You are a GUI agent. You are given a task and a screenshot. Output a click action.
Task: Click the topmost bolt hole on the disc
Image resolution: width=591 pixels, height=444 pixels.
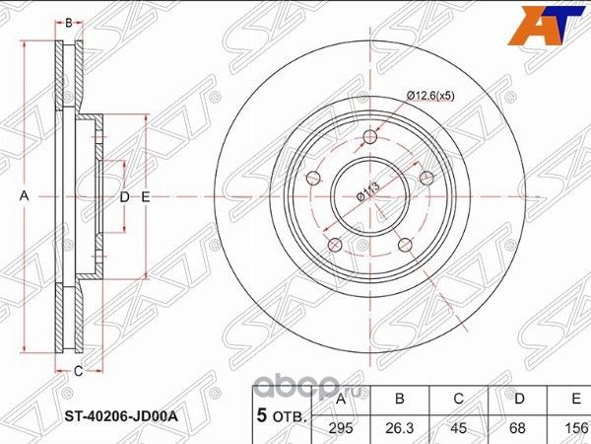click(x=369, y=137)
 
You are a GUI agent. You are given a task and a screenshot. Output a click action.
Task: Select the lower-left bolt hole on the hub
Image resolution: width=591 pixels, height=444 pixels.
click(x=335, y=243)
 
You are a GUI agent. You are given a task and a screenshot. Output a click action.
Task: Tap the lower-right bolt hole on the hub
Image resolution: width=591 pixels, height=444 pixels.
click(x=404, y=243)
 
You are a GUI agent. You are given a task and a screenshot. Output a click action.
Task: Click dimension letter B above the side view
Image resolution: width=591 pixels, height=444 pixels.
click(x=69, y=20)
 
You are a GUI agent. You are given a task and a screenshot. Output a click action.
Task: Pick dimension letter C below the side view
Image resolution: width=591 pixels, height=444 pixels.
click(x=79, y=371)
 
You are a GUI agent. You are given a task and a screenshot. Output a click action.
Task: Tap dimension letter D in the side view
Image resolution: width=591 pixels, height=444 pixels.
click(x=125, y=197)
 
